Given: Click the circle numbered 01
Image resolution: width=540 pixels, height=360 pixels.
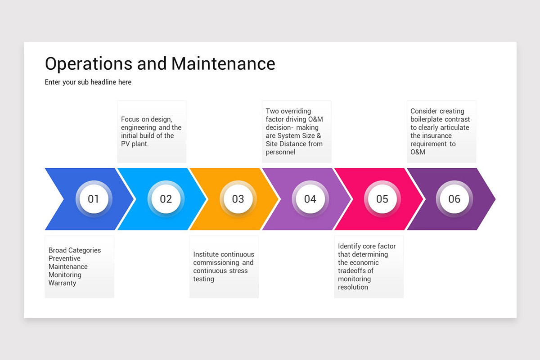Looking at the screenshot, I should click(x=94, y=199).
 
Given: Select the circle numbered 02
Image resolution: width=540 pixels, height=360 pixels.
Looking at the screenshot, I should click(x=166, y=199).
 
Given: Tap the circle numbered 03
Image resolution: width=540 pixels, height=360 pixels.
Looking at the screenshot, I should click(x=238, y=199).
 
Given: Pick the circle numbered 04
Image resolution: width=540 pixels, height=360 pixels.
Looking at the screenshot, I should click(x=310, y=199).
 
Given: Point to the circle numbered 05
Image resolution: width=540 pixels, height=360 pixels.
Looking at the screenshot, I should click(x=382, y=199).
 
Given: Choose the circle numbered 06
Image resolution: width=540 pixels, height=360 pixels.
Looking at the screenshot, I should click(x=454, y=199).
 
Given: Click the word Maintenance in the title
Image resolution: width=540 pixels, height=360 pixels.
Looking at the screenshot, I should click(x=223, y=63).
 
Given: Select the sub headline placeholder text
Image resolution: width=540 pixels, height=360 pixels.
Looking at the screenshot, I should click(x=88, y=82).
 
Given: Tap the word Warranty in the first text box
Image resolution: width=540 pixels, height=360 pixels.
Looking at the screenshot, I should click(x=63, y=283).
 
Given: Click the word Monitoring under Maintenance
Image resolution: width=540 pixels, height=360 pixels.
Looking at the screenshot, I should click(x=65, y=275).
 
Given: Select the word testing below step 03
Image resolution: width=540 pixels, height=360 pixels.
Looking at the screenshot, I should click(x=204, y=279).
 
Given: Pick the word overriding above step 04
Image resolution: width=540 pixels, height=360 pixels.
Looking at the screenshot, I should click(x=295, y=111).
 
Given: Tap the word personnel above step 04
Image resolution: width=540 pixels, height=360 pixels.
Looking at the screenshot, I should click(x=280, y=152).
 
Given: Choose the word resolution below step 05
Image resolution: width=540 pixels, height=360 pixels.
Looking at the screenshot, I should click(x=353, y=287).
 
